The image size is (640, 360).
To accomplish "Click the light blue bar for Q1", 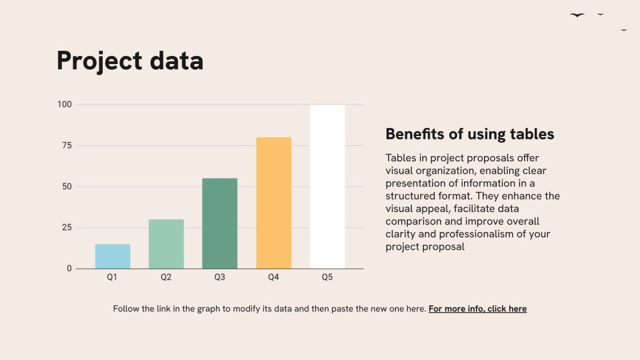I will tap(113, 256).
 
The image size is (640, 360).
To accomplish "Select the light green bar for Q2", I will tap(166, 244).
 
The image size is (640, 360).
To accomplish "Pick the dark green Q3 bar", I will tap(219, 223).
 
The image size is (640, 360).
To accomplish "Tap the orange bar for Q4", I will tap(274, 203).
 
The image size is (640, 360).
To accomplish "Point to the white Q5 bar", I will tap(327, 186).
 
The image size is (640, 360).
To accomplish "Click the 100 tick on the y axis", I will tap(65, 105).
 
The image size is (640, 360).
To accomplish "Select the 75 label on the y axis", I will tap(67, 146).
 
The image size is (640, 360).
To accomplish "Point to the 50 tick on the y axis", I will tap(67, 187).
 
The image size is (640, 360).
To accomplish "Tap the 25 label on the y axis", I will tap(67, 227).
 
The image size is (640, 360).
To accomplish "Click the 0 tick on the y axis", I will tap(69, 269).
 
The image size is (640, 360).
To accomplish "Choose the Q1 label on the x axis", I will tap(113, 278).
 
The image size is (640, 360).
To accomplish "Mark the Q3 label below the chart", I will tap(219, 278).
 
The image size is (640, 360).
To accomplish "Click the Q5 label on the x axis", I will tap(327, 278).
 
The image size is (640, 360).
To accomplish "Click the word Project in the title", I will tap(98, 61).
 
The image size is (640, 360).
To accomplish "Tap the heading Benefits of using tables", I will tap(470, 134).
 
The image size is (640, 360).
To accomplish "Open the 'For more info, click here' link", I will tap(478, 309).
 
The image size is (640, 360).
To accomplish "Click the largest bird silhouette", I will tap(577, 15).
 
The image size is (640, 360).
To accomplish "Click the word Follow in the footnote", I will tap(126, 309).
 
